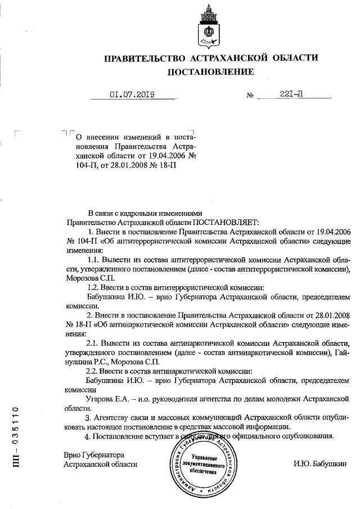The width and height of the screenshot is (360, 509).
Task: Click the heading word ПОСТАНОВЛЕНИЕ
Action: pyautogui.click(x=210, y=71)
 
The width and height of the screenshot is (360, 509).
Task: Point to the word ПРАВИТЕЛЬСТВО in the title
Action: pyautogui.click(x=145, y=57)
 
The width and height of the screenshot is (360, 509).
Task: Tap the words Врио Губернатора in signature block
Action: pyautogui.click(x=94, y=454)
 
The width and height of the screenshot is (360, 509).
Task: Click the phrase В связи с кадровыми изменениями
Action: pyautogui.click(x=145, y=213)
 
